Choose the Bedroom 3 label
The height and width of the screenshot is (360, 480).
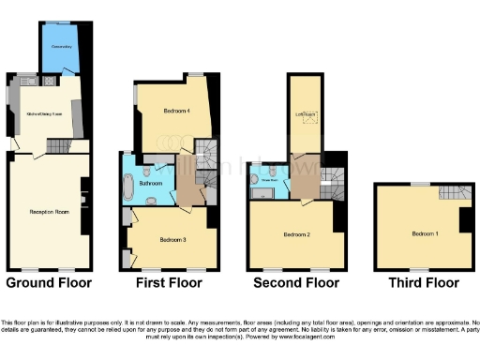point(172,240)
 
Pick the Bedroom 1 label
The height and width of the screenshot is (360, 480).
point(425,233)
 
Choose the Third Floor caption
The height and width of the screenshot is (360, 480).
point(423,281)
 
